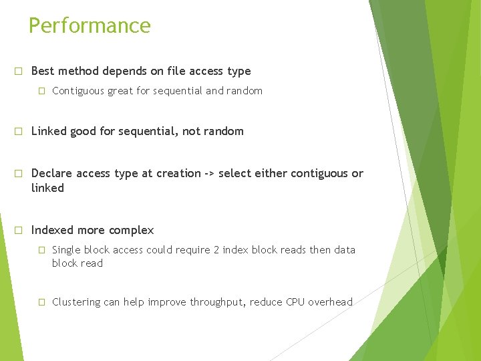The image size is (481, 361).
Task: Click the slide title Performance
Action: [x=90, y=25]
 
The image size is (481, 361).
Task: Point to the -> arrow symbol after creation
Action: [x=210, y=174]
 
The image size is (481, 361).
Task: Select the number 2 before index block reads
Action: [x=216, y=250]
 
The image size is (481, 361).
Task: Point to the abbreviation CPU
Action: [x=296, y=302]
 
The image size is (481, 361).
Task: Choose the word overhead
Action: [x=331, y=302]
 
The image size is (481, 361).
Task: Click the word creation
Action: [x=178, y=173]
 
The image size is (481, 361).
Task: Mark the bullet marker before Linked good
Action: [x=19, y=132]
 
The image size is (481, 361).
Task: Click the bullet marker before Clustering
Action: [x=41, y=302]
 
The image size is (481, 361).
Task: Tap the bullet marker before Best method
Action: [x=19, y=71]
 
